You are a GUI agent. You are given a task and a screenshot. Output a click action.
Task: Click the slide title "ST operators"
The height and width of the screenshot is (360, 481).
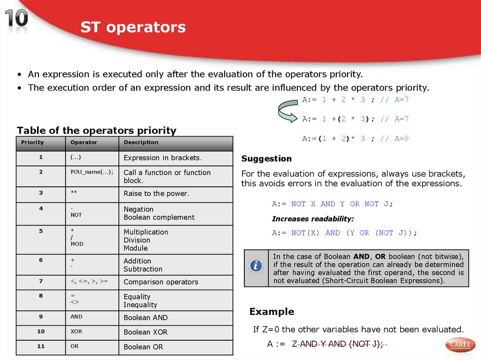133,27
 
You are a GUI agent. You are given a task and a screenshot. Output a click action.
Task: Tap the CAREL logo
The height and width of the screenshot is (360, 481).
460,345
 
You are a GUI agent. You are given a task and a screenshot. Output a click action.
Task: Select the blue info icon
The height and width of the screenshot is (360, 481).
256,266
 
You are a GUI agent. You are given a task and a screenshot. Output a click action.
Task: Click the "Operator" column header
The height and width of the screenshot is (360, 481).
84,143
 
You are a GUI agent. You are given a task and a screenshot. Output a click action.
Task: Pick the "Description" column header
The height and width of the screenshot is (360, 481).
141,143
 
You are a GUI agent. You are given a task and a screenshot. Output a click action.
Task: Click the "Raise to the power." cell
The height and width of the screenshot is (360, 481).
156,193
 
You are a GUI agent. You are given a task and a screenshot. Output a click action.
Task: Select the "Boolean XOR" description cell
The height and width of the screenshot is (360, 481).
145,332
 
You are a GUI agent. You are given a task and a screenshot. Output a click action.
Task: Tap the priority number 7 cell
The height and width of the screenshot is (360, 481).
41,282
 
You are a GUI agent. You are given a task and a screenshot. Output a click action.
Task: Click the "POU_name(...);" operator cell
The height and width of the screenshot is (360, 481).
92,172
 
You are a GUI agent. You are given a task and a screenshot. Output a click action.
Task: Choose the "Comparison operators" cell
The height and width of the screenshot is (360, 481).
161,282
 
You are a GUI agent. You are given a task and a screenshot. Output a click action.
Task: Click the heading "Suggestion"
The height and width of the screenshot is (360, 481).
266,159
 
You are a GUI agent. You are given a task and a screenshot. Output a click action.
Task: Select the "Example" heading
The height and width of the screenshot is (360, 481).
272,312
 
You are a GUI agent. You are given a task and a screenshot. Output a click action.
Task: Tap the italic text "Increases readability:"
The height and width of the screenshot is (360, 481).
313,219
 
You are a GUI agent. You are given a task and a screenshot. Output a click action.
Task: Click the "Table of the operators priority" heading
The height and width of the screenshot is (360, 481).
96,130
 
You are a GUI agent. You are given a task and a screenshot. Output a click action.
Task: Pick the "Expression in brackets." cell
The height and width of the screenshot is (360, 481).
163,158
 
